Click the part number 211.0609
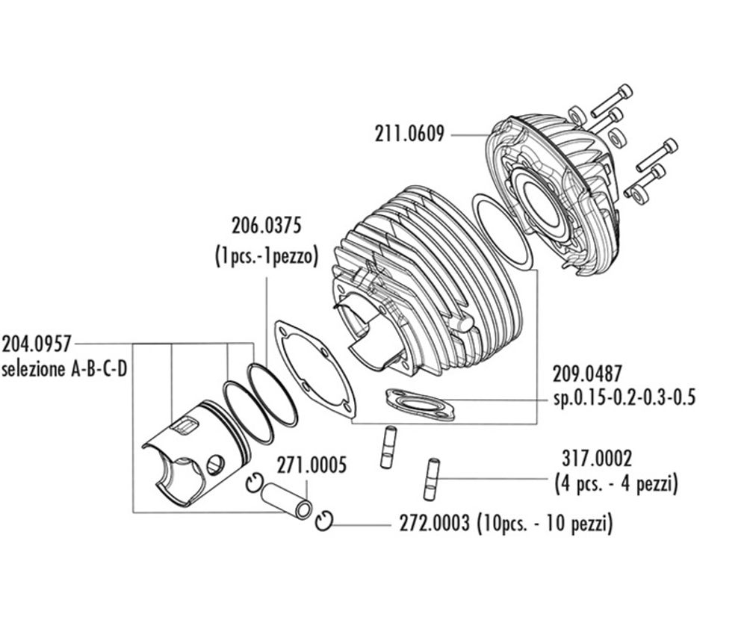click(409, 134)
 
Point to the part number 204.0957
click(37, 344)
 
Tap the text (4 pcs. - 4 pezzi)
click(616, 484)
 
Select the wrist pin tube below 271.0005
click(288, 502)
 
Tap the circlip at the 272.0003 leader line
click(325, 522)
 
